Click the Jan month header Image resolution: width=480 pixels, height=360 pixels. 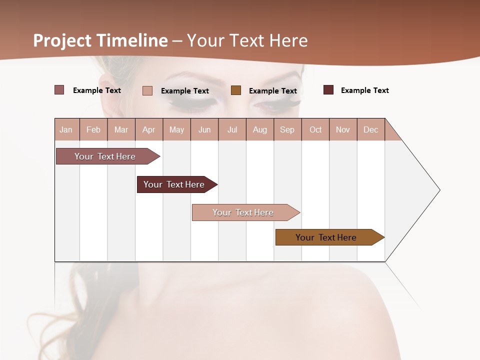point(66,129)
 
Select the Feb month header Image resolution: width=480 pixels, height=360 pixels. point(93,129)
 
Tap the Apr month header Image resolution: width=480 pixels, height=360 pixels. point(148,129)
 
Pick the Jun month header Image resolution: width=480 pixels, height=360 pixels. point(204,129)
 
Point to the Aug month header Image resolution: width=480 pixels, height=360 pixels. point(259,129)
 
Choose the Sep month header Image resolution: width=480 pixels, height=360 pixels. point(287,129)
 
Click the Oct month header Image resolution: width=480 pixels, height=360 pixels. point(315,129)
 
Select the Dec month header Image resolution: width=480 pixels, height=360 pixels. point(370,129)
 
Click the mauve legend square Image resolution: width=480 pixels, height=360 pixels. point(59,90)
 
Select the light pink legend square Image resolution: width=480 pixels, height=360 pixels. point(147,90)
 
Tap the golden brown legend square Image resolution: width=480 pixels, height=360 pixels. point(236,90)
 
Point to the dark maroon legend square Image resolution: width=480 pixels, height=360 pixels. point(328,90)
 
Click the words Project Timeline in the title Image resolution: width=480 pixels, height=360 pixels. point(100,40)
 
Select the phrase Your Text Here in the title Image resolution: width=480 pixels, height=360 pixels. point(247,40)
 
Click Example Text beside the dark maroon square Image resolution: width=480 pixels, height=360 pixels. point(364,90)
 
